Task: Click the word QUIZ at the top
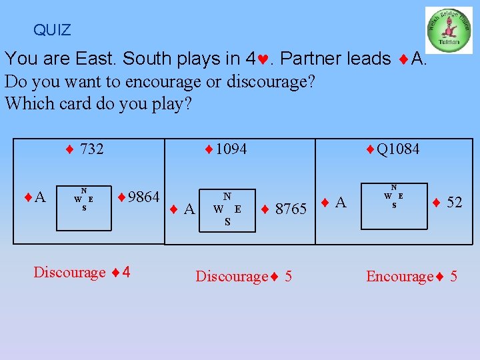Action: (52, 30)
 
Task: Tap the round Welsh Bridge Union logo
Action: (449, 30)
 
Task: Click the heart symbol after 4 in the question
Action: (266, 59)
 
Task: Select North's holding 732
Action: (85, 149)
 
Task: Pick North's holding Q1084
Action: (393, 149)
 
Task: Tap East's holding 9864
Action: (139, 197)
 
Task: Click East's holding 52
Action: (447, 203)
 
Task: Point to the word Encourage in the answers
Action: (399, 277)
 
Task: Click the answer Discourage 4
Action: (82, 272)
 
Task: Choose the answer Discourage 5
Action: (243, 277)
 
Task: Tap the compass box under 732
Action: (83, 199)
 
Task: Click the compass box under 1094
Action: (227, 209)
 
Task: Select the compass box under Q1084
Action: (393, 197)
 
